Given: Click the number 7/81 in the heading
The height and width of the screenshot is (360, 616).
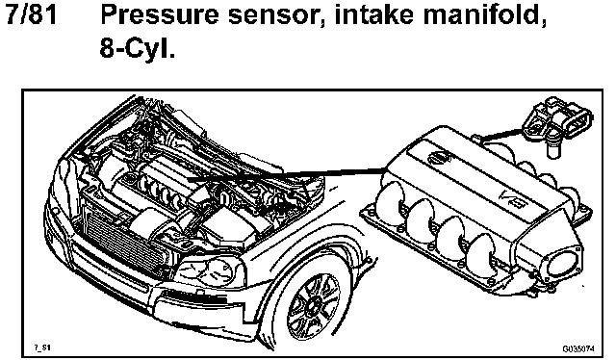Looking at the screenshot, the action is (32, 15).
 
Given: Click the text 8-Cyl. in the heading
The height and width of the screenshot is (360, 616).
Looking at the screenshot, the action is (138, 49).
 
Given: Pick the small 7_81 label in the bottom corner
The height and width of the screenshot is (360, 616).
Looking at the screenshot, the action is (42, 347).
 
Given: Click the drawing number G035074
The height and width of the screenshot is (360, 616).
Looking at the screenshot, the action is (578, 348).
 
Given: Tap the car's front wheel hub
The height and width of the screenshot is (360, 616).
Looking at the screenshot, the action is (313, 304).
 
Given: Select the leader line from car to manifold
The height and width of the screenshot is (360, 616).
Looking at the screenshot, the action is (286, 174).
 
